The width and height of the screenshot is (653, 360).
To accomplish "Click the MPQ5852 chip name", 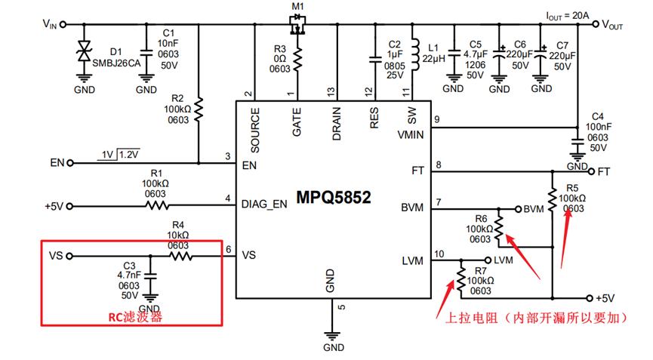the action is coord(334,197).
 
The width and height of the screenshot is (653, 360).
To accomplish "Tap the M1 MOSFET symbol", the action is coord(297,24).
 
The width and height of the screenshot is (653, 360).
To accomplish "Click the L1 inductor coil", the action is coord(415,54).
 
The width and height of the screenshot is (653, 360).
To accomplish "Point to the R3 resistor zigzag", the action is coord(297,59).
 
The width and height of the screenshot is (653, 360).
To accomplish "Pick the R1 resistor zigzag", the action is coord(157,205).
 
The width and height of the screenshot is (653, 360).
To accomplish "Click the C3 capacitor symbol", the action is coord(150,276).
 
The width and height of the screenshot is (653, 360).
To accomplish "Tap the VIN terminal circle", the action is coord(63,25).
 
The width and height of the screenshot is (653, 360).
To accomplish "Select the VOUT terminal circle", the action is coord(596,24).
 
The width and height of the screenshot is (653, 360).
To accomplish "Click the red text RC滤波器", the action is coord(135,317).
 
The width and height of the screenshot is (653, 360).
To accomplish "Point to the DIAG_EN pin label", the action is coord(264,204).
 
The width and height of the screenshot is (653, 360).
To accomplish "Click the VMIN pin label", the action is coord(410,135).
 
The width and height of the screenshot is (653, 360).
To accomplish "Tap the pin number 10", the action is coord(439,254).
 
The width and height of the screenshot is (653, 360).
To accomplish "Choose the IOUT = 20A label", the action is coord(568,16).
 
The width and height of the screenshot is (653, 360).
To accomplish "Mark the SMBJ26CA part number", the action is coord(116,63).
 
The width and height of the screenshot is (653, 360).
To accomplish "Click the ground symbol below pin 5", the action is coord(332,336).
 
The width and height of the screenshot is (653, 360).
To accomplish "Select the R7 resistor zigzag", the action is coord(460,278).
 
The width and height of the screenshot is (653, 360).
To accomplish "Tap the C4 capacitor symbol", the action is coord(578,143).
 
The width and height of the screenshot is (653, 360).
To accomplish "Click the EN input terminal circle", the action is coord(70,163).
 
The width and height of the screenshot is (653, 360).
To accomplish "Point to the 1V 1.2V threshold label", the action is coord(119,155).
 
